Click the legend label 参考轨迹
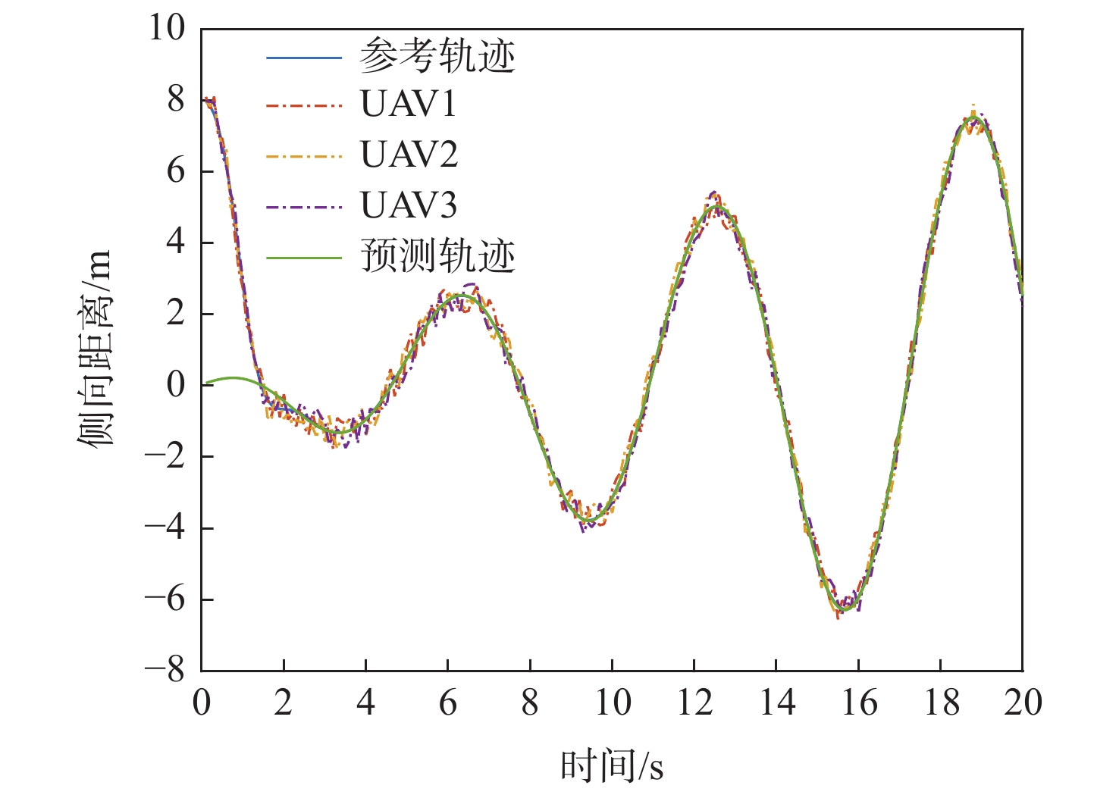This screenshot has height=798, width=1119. tap(437, 58)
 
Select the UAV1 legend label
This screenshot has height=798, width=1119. tap(409, 105)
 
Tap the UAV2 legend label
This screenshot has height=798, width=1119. tap(409, 155)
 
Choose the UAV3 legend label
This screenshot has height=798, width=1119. tap(409, 205)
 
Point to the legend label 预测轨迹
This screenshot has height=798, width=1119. tap(437, 257)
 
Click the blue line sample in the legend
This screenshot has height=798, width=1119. tap(304, 58)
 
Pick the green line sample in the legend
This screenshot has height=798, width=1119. tap(304, 258)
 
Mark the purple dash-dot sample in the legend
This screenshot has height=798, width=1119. tap(304, 206)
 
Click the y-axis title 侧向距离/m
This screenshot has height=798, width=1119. tap(96, 349)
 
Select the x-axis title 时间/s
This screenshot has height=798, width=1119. tap(612, 766)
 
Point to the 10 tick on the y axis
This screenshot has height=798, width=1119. tap(167, 29)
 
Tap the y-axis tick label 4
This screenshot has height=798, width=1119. tap(176, 243)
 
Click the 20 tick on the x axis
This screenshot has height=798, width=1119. tap(1023, 703)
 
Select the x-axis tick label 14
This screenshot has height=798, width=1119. tap(776, 703)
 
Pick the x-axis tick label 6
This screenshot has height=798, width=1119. tap(448, 703)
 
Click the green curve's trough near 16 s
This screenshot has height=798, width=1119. tap(844, 609)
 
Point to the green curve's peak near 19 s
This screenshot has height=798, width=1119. tap(973, 118)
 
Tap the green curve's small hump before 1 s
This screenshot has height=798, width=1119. tap(233, 377)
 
